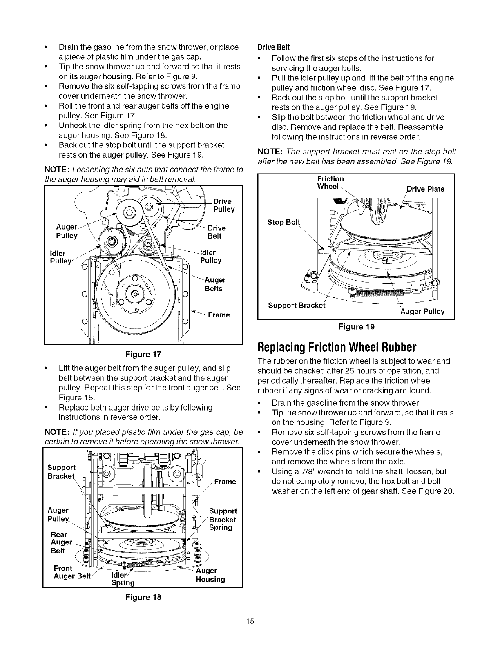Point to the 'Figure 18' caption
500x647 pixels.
[143, 597]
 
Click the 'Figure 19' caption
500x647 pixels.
[356, 326]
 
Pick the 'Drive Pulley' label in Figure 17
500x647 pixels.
[224, 205]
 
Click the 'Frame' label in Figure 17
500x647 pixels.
[219, 315]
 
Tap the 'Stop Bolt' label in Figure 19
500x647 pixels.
[283, 222]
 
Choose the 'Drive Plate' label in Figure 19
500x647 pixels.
[425, 189]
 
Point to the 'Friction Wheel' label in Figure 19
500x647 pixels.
[330, 183]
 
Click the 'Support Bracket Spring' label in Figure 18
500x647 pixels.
[223, 519]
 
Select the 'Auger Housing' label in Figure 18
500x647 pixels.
[210, 575]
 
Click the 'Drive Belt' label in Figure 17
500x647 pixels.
[217, 232]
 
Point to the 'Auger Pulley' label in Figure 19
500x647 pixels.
[422, 312]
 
